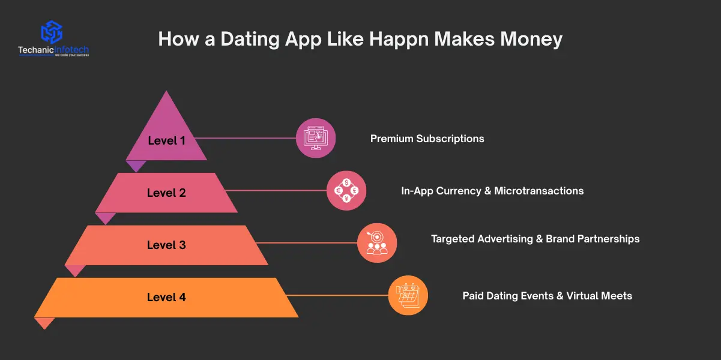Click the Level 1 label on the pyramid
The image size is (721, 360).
tap(166, 141)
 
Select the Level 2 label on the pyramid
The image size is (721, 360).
tap(166, 193)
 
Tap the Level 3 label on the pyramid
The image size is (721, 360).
tap(166, 245)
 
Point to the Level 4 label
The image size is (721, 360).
tap(166, 297)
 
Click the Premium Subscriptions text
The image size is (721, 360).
tap(427, 139)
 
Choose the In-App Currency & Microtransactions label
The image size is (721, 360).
tap(492, 191)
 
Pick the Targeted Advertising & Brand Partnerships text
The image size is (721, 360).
tap(535, 239)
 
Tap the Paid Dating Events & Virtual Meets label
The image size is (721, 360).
tap(547, 295)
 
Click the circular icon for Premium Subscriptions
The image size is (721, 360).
tap(316, 138)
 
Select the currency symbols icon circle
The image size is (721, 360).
tap(346, 190)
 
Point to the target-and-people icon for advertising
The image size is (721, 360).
tap(377, 242)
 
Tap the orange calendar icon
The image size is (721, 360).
tap(408, 295)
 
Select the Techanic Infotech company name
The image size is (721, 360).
tap(53, 50)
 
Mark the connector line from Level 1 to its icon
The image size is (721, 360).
tap(246, 138)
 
